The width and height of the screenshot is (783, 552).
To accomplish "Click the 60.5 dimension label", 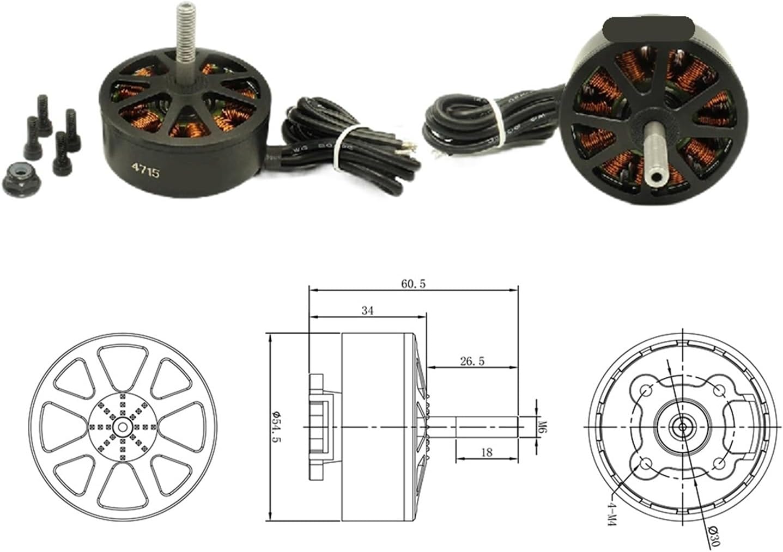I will click(x=413, y=284).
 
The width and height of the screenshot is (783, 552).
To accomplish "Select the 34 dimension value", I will click(x=367, y=311).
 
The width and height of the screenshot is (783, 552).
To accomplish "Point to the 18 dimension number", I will click(x=487, y=452).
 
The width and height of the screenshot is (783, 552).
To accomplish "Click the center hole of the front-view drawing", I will click(x=122, y=426).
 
